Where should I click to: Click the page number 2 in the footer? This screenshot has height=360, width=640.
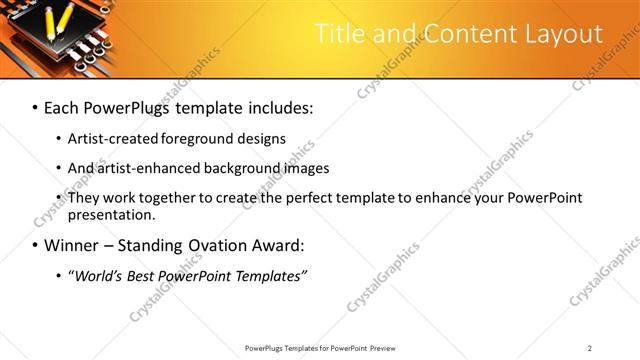coord(590,348)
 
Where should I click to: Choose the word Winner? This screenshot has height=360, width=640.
coord(70,245)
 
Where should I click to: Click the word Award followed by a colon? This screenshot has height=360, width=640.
coord(273,245)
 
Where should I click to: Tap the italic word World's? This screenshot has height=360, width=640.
coord(98,276)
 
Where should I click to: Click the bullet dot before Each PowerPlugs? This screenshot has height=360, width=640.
coord(36,107)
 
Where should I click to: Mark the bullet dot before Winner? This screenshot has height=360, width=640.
coord(36,245)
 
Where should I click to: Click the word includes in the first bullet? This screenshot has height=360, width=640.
coord(272,107)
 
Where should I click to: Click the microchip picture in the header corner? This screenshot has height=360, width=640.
coord(50,37)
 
